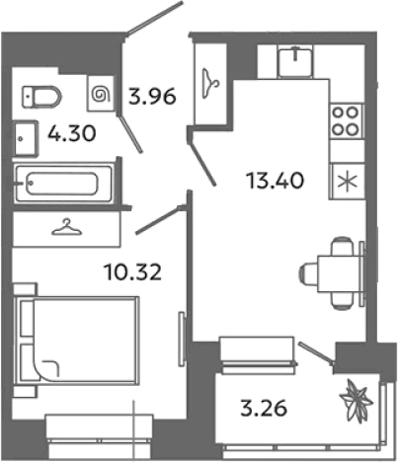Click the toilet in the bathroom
[41, 97]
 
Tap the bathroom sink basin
[26, 138]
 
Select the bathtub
[64, 184]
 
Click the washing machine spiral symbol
[101, 93]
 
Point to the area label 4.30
[72, 134]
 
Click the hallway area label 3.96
[152, 97]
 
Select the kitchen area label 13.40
[276, 181]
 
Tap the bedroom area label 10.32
[132, 272]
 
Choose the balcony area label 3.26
[264, 409]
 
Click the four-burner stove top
[346, 121]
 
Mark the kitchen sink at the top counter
[295, 61]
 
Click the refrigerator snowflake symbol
[349, 182]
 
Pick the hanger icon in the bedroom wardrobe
[66, 227]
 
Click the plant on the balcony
[357, 401]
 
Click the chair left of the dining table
[309, 273]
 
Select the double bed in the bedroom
[76, 340]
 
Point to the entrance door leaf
[154, 19]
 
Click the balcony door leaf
[316, 352]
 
